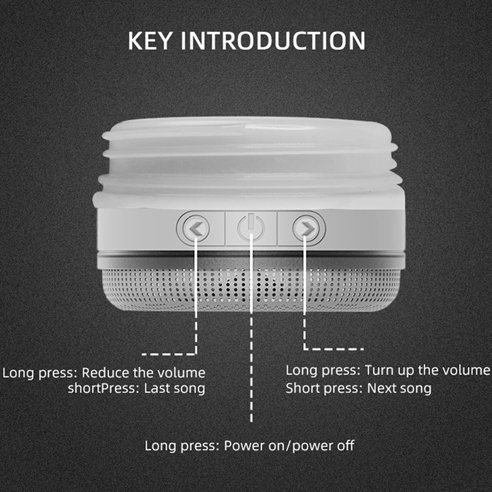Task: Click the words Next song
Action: click(399, 388)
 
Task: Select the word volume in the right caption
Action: click(469, 370)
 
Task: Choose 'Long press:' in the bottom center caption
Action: click(183, 445)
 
